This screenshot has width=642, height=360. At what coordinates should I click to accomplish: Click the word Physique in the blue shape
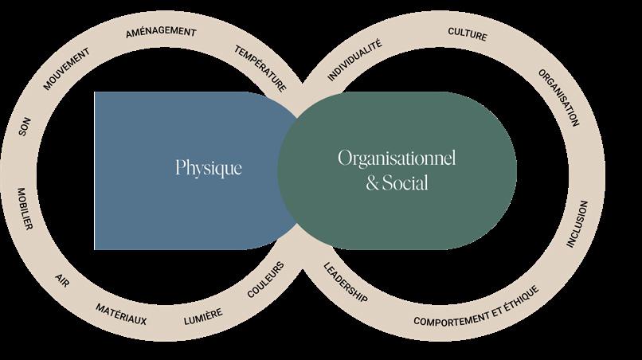(x=209, y=169)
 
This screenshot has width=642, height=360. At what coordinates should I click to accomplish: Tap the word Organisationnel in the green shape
(x=396, y=158)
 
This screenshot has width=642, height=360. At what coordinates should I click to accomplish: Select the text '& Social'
(x=397, y=183)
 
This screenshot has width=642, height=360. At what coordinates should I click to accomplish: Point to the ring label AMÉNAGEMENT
(x=161, y=33)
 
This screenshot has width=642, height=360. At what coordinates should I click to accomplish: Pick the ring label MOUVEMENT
(x=66, y=69)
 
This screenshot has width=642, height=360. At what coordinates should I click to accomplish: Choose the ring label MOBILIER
(x=23, y=209)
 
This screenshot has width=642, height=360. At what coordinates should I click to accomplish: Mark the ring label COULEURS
(x=265, y=280)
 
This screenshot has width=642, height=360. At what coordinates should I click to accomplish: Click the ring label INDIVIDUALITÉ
(x=354, y=61)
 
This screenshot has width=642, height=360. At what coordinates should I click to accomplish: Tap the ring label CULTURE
(x=468, y=35)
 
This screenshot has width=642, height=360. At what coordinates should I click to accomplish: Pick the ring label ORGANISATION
(x=558, y=97)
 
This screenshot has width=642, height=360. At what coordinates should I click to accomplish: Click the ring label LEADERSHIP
(x=345, y=282)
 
